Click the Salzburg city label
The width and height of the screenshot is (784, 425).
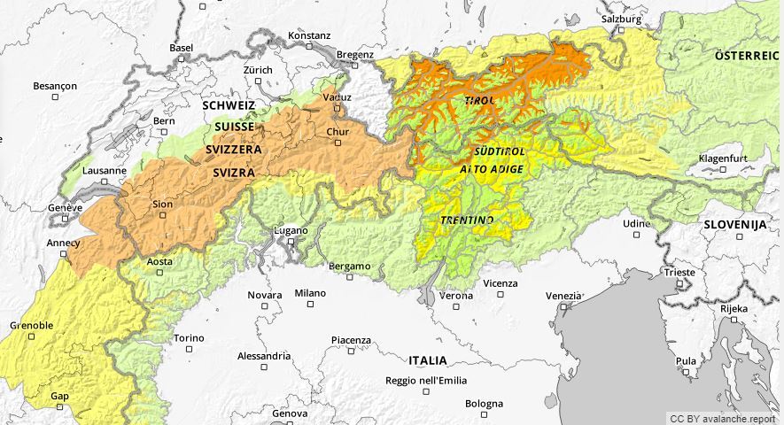(620, 19)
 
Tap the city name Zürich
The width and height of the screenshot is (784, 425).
(258, 69)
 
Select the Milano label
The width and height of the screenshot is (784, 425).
(310, 293)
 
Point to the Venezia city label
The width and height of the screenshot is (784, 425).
(564, 296)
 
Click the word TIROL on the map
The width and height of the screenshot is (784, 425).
(480, 101)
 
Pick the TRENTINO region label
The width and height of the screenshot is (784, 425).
(468, 219)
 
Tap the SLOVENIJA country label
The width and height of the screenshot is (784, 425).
(734, 225)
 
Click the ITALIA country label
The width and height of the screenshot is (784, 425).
(428, 360)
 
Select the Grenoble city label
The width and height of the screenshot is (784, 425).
(31, 325)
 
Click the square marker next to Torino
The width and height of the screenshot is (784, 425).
(189, 349)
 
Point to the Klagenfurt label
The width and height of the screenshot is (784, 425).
(724, 158)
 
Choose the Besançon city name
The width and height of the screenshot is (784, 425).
(55, 86)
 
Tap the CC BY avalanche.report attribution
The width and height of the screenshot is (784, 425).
(723, 418)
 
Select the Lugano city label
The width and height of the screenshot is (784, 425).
(291, 230)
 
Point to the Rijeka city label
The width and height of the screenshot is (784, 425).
(734, 308)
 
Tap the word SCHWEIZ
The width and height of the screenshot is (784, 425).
(229, 104)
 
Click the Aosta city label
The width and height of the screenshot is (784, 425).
(159, 261)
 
